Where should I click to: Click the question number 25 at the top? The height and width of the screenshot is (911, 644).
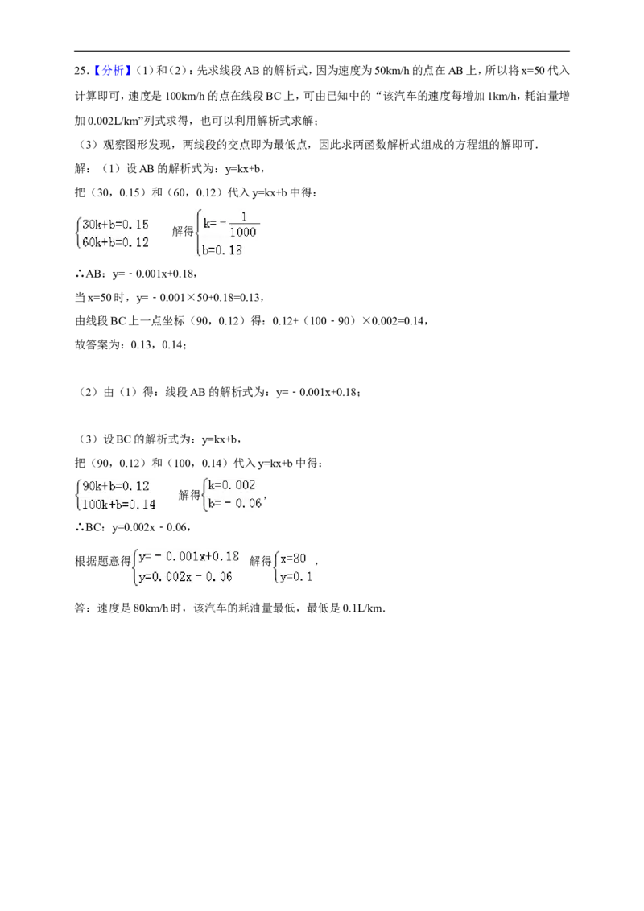click(80, 71)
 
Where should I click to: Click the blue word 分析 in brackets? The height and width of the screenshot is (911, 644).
click(113, 71)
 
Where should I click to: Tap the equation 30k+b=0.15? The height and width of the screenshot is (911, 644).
click(115, 225)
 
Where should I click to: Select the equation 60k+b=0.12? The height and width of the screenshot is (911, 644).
click(115, 242)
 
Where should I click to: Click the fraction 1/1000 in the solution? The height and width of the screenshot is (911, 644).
click(243, 225)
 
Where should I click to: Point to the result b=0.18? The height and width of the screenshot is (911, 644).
click(222, 250)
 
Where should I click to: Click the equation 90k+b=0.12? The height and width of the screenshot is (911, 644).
click(116, 486)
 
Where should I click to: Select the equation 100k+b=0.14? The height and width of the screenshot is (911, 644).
click(118, 505)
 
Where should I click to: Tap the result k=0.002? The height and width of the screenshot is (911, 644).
click(231, 485)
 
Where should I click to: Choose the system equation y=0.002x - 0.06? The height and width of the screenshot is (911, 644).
click(185, 577)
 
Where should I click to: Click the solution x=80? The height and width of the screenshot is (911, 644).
click(293, 559)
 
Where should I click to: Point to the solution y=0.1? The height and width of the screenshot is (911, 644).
click(296, 577)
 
